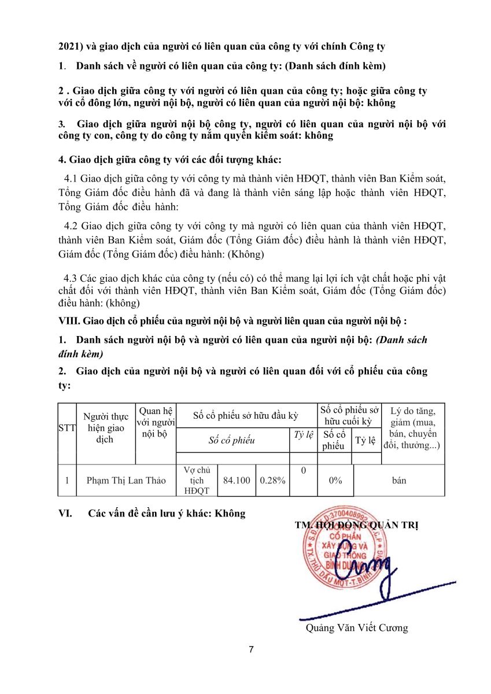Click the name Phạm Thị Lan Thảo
(x=125, y=481)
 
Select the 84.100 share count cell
(x=237, y=481)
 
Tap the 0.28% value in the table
(x=273, y=481)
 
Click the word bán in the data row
(x=398, y=481)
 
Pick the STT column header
(x=67, y=429)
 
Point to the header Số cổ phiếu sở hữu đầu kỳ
(x=245, y=416)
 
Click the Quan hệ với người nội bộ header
(x=155, y=422)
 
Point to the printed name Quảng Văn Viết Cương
(x=357, y=627)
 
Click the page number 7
(x=251, y=649)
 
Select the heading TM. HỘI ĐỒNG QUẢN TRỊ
(x=356, y=525)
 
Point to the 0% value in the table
(x=335, y=481)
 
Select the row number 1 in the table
(x=67, y=481)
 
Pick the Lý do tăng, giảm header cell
(x=413, y=429)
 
